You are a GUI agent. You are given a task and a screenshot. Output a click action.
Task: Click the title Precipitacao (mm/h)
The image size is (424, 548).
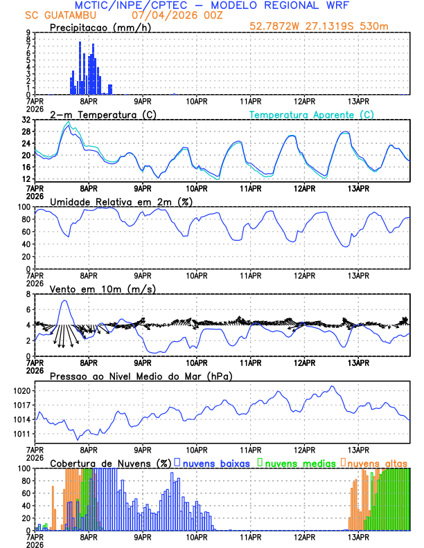96,28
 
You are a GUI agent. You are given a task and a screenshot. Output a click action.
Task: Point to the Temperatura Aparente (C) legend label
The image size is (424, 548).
311,114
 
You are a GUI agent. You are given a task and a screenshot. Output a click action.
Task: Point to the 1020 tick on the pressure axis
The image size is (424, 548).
19,391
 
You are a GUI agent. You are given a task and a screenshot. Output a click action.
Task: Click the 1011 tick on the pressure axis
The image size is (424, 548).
19,434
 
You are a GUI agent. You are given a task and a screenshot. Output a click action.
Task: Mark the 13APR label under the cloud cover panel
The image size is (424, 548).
357,536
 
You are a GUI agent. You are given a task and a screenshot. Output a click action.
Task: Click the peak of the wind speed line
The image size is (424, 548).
64,300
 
